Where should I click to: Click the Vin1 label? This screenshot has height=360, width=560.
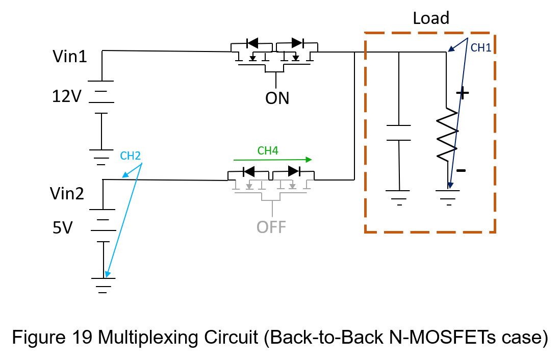pos(70,57)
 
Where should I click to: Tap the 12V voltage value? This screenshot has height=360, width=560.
pos(67,96)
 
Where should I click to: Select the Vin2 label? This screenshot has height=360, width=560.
pos(67,194)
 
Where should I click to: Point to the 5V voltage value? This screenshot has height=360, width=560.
pos(63,227)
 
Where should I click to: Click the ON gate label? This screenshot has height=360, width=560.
pos(277,98)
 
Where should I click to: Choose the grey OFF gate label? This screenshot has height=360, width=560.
pos(271,227)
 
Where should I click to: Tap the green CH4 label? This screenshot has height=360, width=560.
pos(268,151)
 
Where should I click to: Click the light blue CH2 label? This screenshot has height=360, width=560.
pos(131,156)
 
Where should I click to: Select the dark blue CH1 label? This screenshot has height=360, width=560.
pos(481,48)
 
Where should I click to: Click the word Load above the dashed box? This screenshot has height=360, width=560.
pos(431,18)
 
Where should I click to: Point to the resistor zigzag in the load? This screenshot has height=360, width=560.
pos(447,134)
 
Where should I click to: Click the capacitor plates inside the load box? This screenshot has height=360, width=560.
pos(399,133)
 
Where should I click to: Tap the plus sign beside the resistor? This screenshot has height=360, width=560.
pos(463,93)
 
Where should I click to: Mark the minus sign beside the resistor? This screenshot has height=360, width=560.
pos(461,171)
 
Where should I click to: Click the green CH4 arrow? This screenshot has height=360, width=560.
pos(273,160)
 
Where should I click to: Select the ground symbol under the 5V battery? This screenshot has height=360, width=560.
pos(103,286)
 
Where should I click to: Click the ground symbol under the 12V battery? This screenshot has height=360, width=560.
pos(101,157)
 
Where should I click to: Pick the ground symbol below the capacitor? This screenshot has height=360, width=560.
pos(399,198)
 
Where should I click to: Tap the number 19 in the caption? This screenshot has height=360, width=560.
pos(82,337)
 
